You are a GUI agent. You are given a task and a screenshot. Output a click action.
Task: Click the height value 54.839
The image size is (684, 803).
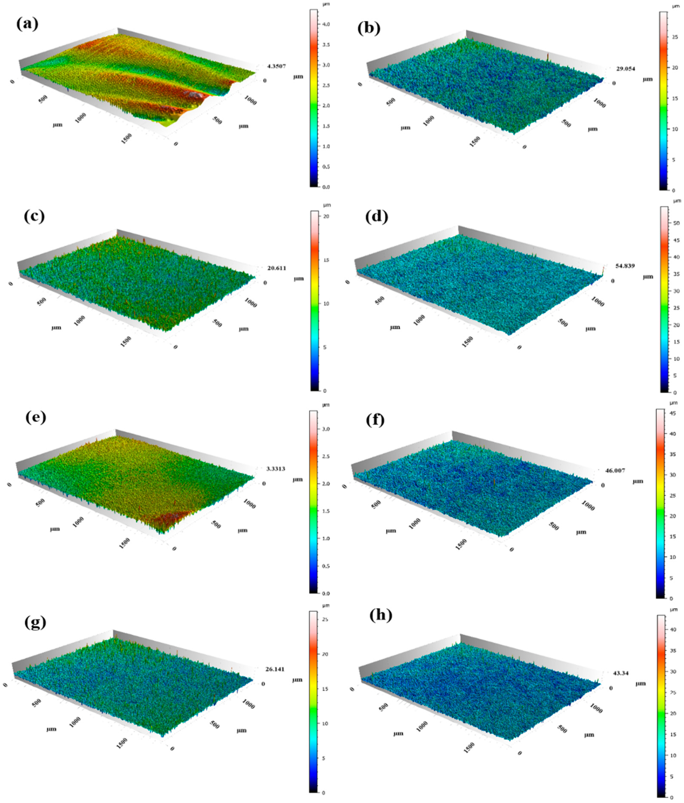[624, 266]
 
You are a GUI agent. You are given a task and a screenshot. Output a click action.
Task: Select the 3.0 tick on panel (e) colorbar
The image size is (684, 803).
[326, 429]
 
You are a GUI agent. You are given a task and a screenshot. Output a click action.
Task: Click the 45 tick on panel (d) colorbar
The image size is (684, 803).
[676, 240]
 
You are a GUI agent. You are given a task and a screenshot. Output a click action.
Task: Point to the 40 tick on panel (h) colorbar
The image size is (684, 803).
[674, 630]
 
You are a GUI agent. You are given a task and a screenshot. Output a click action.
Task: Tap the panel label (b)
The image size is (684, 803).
[368, 28]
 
